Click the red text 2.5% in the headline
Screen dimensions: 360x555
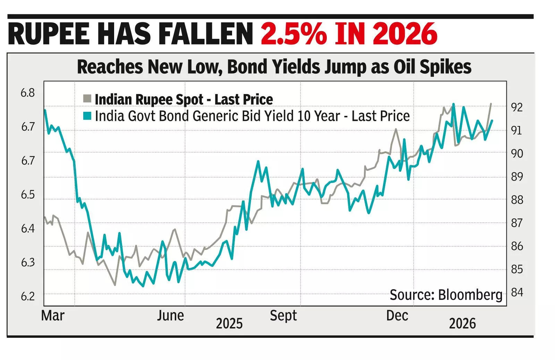293,34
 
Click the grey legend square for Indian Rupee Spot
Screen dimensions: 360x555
87,99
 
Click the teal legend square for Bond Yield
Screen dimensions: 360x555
87,116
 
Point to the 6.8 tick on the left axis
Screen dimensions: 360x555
28,93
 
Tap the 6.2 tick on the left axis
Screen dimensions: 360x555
28,296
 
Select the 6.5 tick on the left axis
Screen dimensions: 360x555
28,195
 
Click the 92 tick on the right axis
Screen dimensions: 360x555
516,107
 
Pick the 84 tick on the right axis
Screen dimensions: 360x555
516,292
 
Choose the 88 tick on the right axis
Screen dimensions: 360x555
516,200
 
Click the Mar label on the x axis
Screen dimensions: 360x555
53,316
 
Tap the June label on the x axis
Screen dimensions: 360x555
170,316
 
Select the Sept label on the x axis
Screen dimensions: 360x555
283,316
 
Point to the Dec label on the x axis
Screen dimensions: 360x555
397,316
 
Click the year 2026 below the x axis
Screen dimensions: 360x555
462,324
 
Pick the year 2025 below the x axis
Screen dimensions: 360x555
229,324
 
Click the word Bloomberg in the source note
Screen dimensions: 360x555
470,295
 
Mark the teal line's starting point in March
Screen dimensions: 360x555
45,110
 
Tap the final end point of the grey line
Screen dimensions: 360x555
491,103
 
